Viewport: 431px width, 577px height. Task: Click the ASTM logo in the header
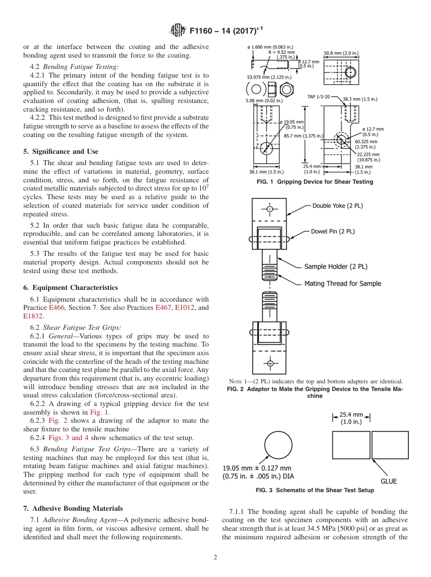(x=177, y=30)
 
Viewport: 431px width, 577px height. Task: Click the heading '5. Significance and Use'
(x=61, y=152)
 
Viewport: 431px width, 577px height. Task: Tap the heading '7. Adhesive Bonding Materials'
(x=73, y=508)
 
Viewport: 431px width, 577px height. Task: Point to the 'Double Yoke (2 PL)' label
(x=338, y=205)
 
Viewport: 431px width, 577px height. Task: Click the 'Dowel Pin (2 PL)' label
(x=333, y=231)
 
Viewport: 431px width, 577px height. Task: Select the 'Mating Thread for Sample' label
(x=343, y=284)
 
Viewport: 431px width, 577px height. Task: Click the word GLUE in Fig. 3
(x=388, y=481)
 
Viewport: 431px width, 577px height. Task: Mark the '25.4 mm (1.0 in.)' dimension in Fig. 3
(x=352, y=418)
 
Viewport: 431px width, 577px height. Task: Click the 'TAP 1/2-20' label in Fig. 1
(x=318, y=97)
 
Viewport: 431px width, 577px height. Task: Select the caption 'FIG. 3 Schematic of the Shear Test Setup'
(x=314, y=490)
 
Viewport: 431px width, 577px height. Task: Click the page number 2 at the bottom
(x=215, y=557)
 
